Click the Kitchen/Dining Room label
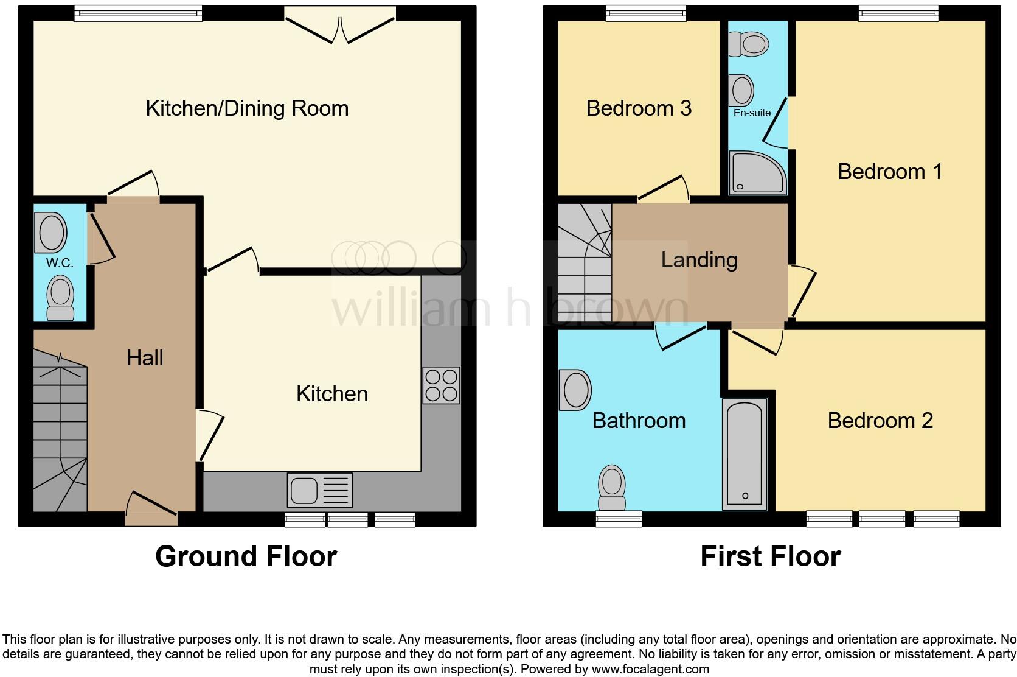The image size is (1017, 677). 247,108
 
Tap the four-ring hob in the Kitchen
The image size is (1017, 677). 442,385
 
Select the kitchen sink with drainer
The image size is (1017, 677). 319,490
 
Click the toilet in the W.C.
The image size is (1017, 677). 60,298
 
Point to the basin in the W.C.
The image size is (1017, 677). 51,232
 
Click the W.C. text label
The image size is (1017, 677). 60,263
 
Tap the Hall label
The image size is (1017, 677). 145,357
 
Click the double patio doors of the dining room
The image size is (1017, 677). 340,26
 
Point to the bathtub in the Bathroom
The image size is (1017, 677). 745,454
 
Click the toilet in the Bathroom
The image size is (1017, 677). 612,488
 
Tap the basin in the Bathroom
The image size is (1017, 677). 575,390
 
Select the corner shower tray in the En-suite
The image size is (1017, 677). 757,173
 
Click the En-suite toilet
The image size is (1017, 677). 749,44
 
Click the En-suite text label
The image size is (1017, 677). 752,113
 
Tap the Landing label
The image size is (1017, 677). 699,260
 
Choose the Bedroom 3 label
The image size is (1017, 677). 639,108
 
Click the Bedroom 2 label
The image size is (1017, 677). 880,420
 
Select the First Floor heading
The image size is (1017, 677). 770,556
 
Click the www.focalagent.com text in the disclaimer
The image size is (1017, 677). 650,669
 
